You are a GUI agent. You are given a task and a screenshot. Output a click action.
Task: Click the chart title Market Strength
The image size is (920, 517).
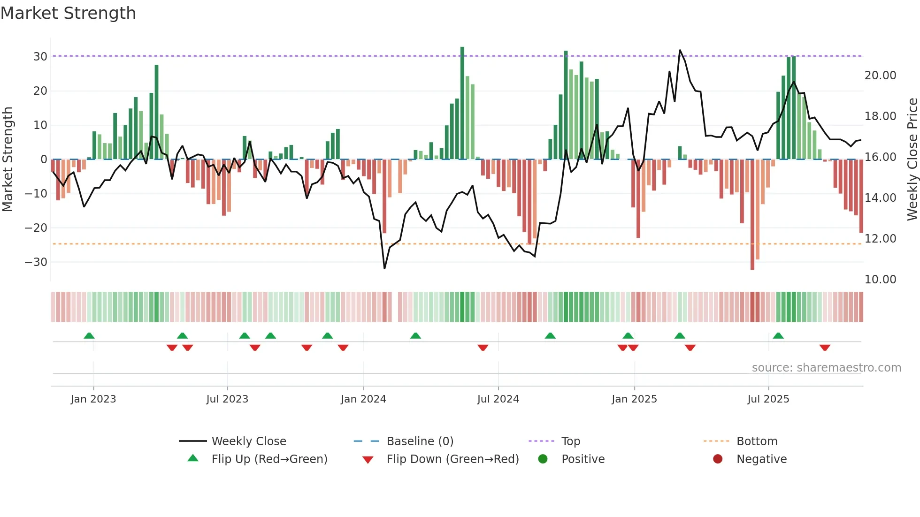[68, 13]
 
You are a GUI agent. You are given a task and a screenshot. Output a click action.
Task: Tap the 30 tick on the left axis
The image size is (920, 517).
[40, 57]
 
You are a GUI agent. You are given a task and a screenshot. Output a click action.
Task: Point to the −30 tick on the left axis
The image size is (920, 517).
[37, 262]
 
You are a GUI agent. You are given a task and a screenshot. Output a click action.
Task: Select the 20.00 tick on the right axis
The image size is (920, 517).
[880, 76]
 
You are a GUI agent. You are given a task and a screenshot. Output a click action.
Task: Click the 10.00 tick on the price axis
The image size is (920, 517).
[880, 280]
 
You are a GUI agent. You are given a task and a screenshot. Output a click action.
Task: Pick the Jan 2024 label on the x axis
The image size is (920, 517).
[363, 399]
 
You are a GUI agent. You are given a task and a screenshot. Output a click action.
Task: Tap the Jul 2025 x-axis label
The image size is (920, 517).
[768, 399]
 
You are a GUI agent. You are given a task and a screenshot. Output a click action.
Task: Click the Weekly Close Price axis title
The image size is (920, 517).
[912, 160]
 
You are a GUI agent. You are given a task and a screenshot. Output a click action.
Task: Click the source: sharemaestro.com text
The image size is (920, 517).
[826, 368]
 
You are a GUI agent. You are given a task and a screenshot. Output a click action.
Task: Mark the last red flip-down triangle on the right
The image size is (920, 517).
[825, 348]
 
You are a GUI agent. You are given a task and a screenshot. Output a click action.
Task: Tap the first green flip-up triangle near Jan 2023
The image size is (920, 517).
[89, 335]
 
